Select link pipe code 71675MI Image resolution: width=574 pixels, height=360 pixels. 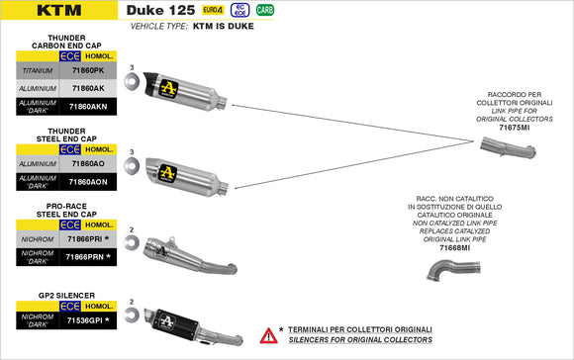coord(514,128)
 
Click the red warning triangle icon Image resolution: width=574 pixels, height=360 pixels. coord(267,335)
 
